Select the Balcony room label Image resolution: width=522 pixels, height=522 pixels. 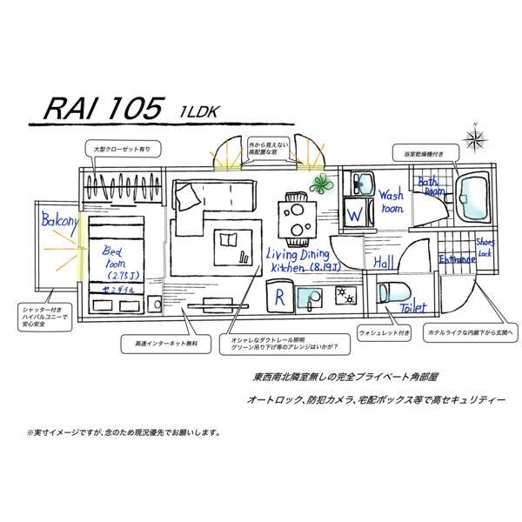(x=59, y=222)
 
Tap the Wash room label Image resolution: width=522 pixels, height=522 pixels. (x=391, y=203)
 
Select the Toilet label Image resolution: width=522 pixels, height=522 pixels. (x=412, y=308)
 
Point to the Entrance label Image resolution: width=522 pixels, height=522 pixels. (x=456, y=259)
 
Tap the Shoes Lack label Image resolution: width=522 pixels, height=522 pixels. (x=485, y=247)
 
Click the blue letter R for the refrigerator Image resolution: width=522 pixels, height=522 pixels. (x=278, y=298)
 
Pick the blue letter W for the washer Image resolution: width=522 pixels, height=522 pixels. (x=354, y=213)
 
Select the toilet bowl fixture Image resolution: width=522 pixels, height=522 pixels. (x=389, y=292)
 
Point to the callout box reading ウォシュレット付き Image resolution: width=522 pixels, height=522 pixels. (x=384, y=332)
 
